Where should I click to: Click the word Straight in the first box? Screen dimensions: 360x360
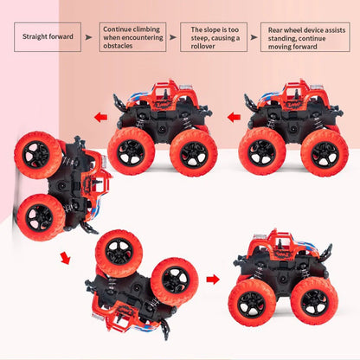(35, 36)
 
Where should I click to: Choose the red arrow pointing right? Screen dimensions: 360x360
(213, 280)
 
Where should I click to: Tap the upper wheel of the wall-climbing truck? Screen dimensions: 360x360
(40, 155)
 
